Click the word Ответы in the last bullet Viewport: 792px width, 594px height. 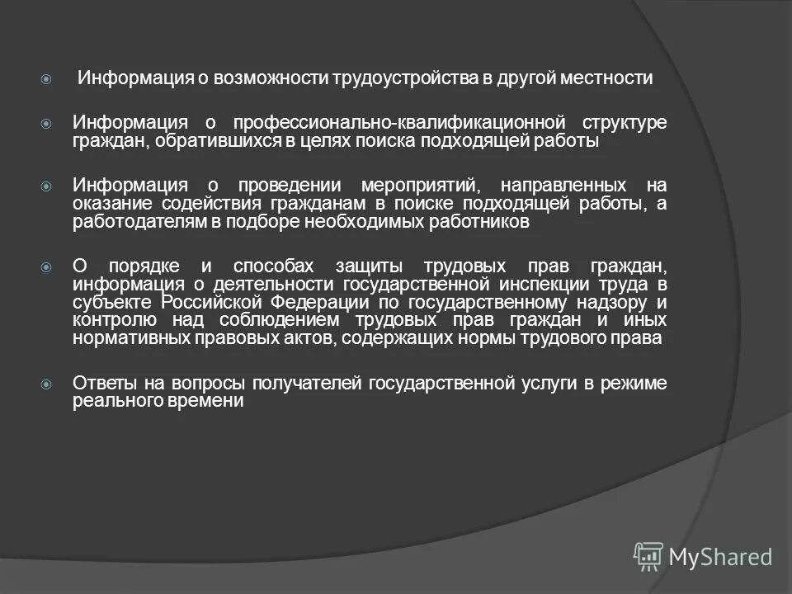(x=101, y=383)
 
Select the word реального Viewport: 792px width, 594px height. (x=112, y=401)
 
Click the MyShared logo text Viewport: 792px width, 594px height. (x=719, y=557)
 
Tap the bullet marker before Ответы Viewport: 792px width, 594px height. (x=47, y=384)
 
